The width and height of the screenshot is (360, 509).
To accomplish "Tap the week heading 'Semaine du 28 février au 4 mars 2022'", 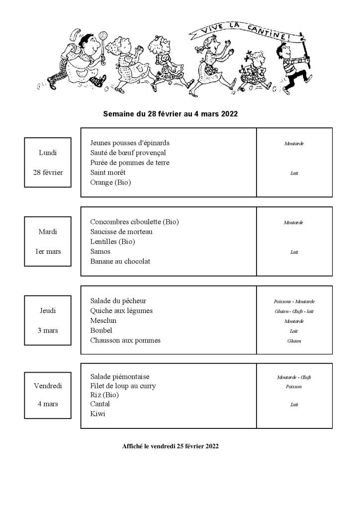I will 170,114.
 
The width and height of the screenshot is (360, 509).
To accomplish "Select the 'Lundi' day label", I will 48,153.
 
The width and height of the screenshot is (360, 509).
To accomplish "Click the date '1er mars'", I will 48,251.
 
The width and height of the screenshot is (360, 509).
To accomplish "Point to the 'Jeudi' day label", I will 48,310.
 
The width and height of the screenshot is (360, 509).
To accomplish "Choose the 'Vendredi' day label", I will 48,386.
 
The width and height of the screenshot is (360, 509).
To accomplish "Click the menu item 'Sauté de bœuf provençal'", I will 128,153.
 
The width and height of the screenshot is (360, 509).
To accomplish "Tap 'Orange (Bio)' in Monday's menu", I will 110,182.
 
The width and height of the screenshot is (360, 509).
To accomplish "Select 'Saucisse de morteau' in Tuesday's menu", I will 121,231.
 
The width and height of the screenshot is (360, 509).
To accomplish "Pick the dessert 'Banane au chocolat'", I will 120,261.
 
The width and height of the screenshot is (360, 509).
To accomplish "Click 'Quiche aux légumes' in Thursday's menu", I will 121,310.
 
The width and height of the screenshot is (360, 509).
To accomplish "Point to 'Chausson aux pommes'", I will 125,340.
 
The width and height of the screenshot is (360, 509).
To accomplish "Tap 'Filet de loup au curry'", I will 123,386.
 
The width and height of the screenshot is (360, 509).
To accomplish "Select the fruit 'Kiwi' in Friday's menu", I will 97,414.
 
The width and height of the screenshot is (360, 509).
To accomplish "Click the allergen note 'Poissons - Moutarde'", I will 294,302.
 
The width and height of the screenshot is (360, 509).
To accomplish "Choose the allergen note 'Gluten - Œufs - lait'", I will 294,311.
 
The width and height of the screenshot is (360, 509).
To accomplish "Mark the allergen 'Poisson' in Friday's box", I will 294,387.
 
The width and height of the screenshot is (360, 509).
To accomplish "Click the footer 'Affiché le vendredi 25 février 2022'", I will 170,446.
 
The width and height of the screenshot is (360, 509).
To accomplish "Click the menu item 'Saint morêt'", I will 108,173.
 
